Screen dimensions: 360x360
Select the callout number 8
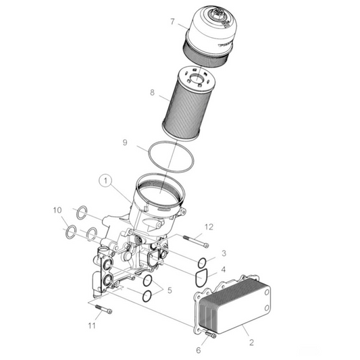[152, 93]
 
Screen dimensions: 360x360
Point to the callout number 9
[125, 143]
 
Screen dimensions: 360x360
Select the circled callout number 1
[105, 181]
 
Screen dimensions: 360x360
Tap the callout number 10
[57, 210]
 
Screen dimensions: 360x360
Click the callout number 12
[209, 226]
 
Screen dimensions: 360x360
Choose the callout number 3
[225, 254]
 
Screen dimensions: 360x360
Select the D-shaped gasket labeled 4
[199, 277]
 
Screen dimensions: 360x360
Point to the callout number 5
[170, 290]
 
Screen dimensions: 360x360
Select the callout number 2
[251, 343]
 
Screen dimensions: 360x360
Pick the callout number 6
[199, 350]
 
